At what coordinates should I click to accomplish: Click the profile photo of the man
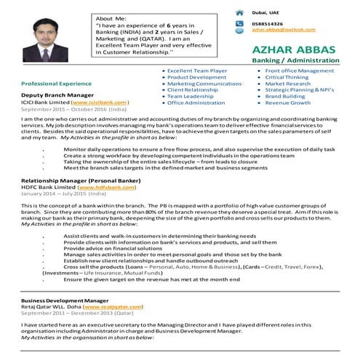(x=43, y=41)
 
